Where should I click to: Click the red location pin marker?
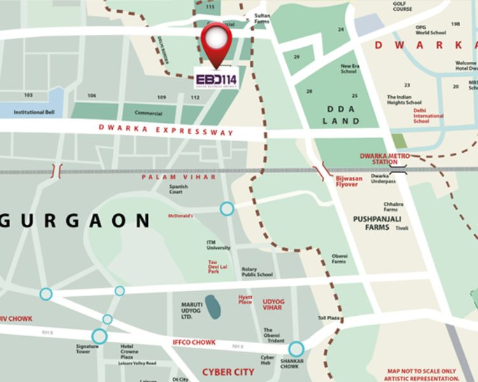tap(216, 42)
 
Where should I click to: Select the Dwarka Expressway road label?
tap(166, 130)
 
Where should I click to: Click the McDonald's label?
tap(180, 216)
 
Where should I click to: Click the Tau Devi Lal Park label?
tap(217, 268)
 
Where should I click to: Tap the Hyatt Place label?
tap(245, 300)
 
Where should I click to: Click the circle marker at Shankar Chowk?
tap(296, 349)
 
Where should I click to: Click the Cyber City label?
tap(228, 372)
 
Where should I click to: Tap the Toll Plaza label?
tap(329, 318)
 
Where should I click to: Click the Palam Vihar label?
tap(179, 176)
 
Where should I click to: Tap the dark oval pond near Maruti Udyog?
tap(212, 306)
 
